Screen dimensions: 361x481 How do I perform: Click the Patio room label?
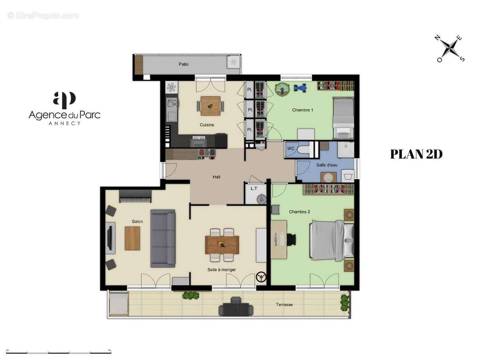tap(183, 65)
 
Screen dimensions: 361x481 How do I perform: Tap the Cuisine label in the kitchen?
tap(207, 125)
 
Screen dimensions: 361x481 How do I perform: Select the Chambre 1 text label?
tap(302, 110)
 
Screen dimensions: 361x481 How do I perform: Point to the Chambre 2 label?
tap(299, 212)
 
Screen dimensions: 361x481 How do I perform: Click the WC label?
tap(291, 148)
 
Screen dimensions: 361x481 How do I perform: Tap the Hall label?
tap(217, 177)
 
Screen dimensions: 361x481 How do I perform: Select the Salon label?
tap(137, 222)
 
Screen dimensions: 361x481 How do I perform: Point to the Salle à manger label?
tap(222, 270)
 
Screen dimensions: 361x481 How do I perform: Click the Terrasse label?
tap(284, 305)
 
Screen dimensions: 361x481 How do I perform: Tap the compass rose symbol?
tap(449, 48)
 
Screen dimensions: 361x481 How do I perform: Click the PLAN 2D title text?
tap(416, 154)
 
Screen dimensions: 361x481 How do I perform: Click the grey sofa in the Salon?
tap(163, 238)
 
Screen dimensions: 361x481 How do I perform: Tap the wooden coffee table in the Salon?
tap(132, 238)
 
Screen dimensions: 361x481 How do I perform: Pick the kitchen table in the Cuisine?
tap(210, 106)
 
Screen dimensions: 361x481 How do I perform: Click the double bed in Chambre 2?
tap(332, 241)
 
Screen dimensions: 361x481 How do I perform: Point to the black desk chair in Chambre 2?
tap(291, 240)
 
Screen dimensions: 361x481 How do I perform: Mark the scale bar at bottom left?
tap(59, 352)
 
